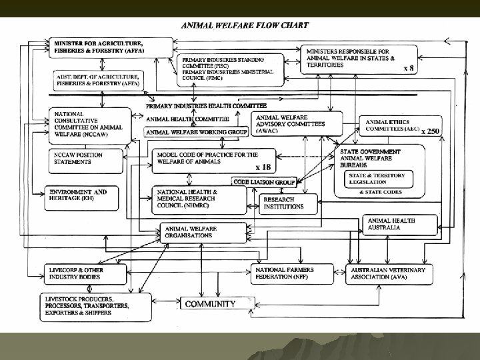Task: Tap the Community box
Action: [x=210, y=304]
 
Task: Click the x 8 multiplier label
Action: [x=409, y=68]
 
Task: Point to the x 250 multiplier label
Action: [x=430, y=131]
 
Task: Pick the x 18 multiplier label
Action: [x=263, y=167]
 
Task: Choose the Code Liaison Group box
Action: [x=264, y=181]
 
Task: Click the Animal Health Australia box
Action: [x=399, y=224]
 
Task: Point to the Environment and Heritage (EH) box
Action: [x=85, y=195]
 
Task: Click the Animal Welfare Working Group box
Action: [x=196, y=132]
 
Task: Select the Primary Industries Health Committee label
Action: [x=207, y=106]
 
